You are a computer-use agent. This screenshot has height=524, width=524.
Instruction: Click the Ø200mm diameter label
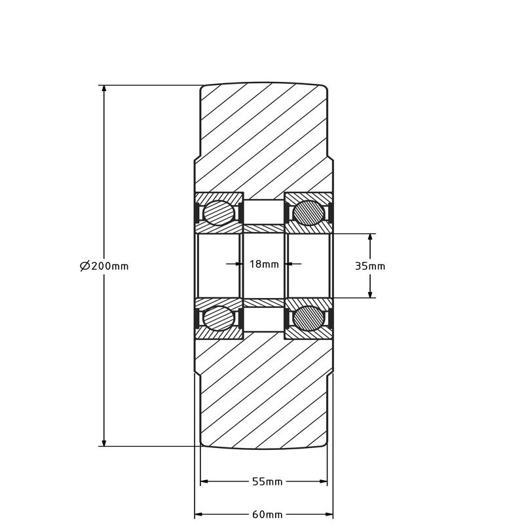(x=104, y=266)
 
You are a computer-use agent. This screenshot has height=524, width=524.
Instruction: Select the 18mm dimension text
(x=264, y=265)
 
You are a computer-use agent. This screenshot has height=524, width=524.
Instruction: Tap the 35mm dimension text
(x=369, y=266)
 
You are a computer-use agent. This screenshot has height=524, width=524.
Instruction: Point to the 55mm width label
(x=267, y=481)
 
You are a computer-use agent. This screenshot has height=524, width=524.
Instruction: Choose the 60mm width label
(x=267, y=514)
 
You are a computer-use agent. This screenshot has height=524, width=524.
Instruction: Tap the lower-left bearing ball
(x=218, y=318)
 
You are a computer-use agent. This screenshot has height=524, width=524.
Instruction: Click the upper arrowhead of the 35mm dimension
(x=370, y=238)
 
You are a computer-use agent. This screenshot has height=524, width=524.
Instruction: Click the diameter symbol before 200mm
(x=84, y=266)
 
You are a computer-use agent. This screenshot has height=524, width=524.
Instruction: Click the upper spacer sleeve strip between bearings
(x=264, y=228)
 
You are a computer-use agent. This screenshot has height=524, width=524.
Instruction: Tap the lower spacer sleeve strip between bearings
(x=264, y=303)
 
